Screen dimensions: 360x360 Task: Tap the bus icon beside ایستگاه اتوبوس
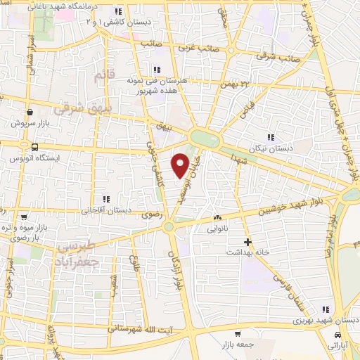[x=34, y=147]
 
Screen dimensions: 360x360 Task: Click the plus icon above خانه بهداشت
[x=247, y=243]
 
